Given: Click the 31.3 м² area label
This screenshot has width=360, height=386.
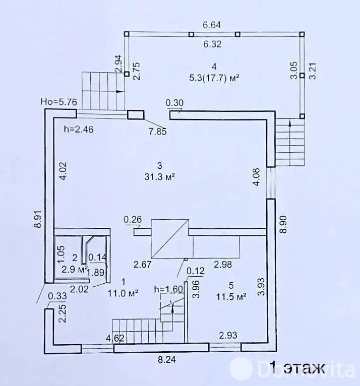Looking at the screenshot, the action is coord(159,177).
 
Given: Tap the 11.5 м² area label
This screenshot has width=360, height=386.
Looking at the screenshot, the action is coord(231,297).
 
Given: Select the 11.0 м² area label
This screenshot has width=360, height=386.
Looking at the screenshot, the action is coord(123,293).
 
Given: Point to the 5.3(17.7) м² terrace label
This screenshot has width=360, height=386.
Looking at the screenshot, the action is coord(214,78).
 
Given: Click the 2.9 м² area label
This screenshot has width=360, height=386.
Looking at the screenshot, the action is coord(75,269).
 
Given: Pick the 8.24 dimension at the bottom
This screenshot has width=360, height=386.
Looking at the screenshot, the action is coord(167,359).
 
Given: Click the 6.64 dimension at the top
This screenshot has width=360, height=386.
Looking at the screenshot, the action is coord(212,25).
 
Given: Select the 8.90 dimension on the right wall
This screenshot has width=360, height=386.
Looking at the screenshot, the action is coord(283,224).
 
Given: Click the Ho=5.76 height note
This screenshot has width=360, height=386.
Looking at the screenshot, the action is coord(59,102).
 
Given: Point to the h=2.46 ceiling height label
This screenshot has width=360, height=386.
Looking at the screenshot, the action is coord(79,129).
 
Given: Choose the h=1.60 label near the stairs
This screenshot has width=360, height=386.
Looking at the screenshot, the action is coord(169,289).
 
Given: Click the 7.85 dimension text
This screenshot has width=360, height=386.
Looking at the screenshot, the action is coord(158,132).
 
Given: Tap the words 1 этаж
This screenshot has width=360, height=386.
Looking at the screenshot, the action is coord(297,368).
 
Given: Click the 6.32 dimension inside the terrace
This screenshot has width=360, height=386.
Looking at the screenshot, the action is coord(212,44).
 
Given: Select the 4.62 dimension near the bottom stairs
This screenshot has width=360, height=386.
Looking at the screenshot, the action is coord(115,338).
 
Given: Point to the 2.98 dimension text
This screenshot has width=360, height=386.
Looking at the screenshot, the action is coord(223,264).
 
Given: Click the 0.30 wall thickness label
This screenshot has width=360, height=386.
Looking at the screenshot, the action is coord(174,103).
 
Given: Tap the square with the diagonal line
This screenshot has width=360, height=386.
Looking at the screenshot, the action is coord(170,238).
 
